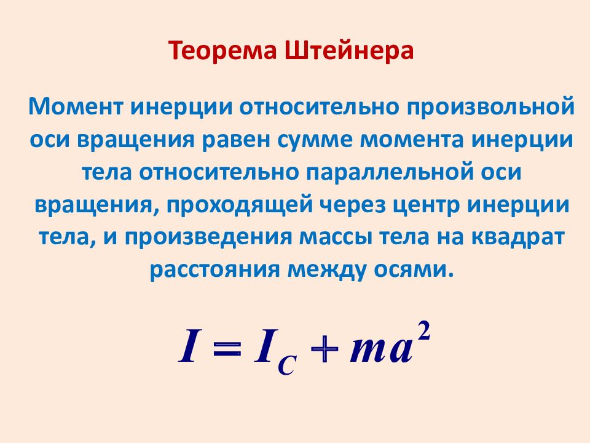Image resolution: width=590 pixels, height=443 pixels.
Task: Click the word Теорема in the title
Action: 222,50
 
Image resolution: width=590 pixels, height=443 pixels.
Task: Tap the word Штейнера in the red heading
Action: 349,50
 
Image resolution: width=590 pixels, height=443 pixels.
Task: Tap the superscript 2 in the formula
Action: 424,332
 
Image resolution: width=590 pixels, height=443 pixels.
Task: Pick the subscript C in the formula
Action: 287,364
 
